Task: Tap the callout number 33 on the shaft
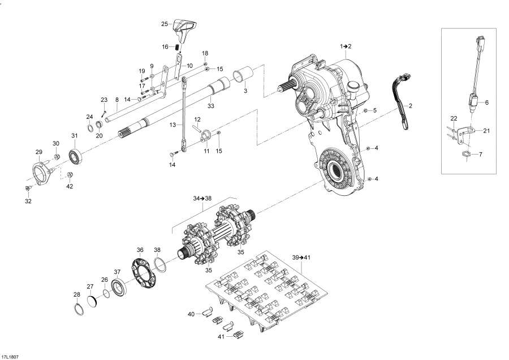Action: pyautogui.click(x=210, y=106)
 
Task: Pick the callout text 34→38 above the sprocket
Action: pyautogui.click(x=202, y=199)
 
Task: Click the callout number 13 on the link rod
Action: pyautogui.click(x=173, y=124)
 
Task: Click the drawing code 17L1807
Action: pyautogui.click(x=10, y=357)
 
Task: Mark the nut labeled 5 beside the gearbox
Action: pyautogui.click(x=365, y=110)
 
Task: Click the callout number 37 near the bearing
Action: pyautogui.click(x=117, y=271)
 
